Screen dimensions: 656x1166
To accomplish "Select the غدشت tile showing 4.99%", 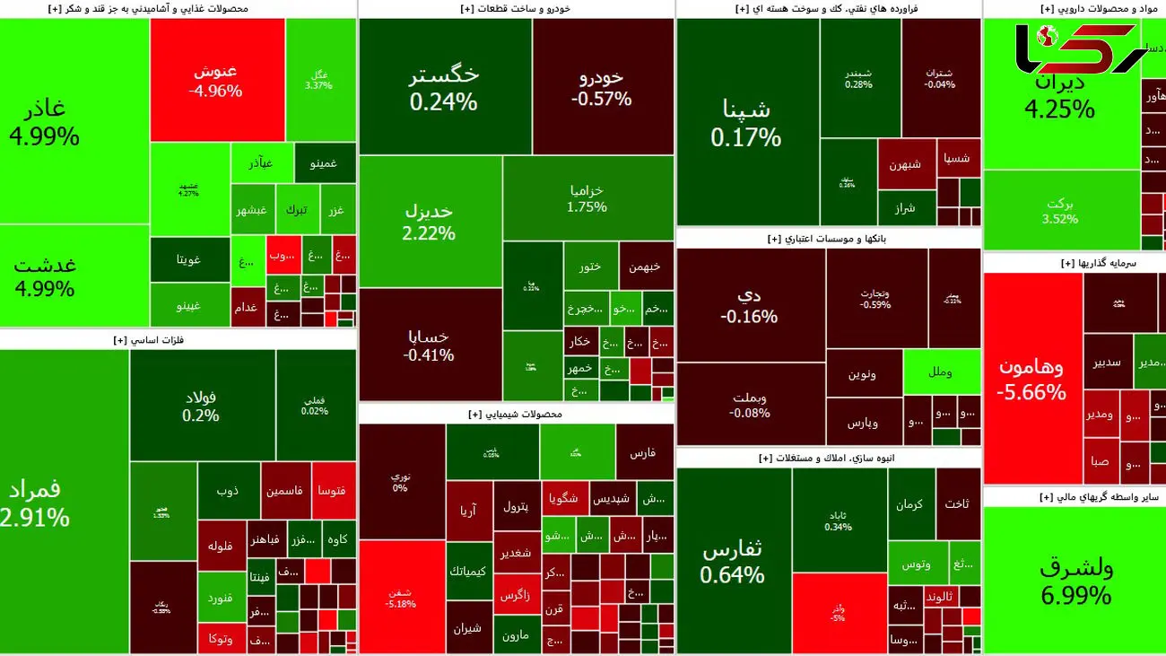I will click(45, 276).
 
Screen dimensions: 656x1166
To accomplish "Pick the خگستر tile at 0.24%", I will click(444, 88).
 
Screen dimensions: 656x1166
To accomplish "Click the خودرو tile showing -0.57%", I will click(602, 87).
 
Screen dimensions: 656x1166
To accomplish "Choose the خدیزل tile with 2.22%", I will click(430, 222).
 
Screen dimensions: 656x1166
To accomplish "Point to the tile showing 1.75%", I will click(587, 198).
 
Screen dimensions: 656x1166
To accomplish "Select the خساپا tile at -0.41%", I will click(429, 345).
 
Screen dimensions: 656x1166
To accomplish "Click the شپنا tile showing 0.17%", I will click(746, 123).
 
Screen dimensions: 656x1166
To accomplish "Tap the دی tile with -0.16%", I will click(749, 305).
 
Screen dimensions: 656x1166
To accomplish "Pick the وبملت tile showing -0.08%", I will click(750, 405).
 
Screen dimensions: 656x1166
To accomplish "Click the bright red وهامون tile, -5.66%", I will click(1031, 379).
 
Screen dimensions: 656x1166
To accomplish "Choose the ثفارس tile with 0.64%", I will click(733, 562).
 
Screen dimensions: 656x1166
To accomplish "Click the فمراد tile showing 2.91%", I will click(63, 503).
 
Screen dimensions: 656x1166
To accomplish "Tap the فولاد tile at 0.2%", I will click(201, 406).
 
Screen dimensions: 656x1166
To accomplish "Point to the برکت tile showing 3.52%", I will click(1059, 211).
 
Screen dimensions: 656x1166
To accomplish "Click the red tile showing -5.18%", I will click(401, 597).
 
